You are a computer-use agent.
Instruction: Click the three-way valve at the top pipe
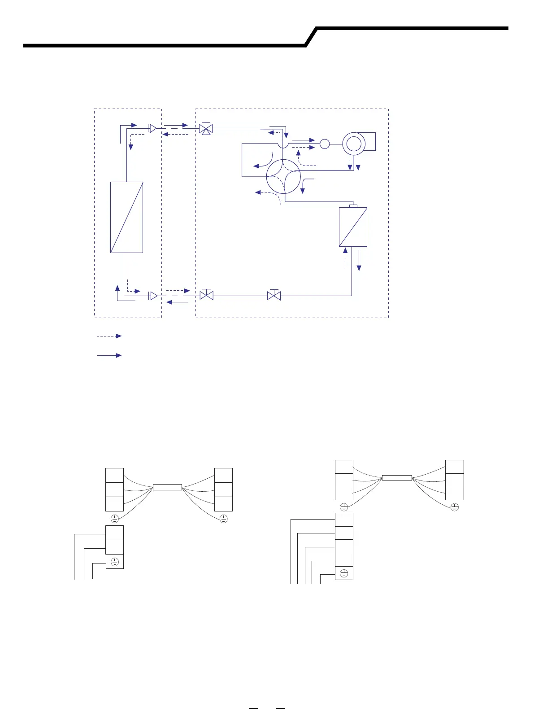pos(206,129)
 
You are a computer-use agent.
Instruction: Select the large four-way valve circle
pos(283,176)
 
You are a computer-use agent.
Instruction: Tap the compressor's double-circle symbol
pos(353,144)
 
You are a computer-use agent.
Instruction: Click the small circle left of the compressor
pos(325,144)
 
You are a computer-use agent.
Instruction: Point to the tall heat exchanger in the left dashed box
pos(126,217)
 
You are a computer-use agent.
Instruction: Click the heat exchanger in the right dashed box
pos(353,227)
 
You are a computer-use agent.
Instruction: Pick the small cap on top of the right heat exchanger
pos(353,206)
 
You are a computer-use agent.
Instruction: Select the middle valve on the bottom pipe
pos(274,296)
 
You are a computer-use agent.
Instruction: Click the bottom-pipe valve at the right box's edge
pos(206,296)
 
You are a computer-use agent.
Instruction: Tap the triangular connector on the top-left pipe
pos(152,129)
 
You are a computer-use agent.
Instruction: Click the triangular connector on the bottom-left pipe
pos(153,296)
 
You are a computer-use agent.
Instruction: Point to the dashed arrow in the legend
pos(109,336)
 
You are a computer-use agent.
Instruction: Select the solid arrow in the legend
pos(109,355)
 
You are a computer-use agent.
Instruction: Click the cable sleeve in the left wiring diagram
pos(167,487)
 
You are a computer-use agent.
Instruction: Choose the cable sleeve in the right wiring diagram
pos(397,478)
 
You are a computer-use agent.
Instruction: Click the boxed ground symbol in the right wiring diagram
pos(344,573)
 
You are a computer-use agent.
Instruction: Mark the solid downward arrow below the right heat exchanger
pos(359,261)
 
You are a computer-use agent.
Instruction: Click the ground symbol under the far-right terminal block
pos(455,507)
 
